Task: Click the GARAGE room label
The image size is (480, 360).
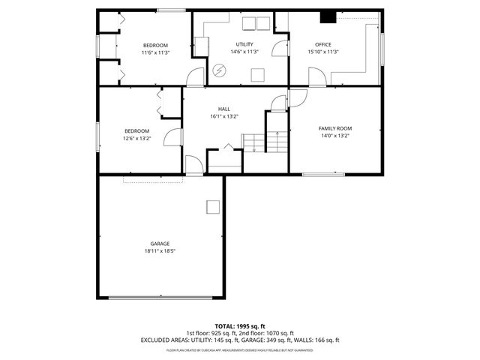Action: point(159,244)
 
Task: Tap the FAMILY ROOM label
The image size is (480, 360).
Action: point(335,128)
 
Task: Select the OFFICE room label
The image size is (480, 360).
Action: point(323,44)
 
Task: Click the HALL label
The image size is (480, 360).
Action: point(223,109)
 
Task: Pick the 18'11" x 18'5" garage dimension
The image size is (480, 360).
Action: point(159,251)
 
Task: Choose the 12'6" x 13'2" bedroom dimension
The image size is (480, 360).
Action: point(137,138)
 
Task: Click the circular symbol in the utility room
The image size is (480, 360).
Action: point(220,70)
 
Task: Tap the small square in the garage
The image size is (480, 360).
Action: point(214,207)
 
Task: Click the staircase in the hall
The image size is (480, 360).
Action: point(265,141)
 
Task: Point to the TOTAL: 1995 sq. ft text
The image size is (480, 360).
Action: point(240,326)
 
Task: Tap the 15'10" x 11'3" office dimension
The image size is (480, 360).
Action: point(323,52)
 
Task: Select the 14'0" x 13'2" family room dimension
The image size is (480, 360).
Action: point(335,136)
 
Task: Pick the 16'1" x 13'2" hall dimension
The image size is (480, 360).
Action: point(223,116)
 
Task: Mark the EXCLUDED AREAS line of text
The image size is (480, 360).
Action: point(240,340)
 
